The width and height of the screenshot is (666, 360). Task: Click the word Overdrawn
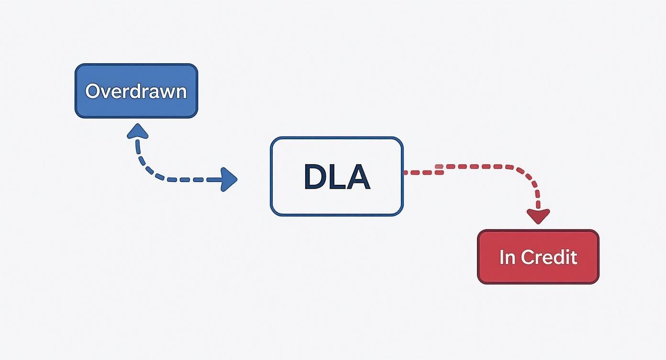pos(136,91)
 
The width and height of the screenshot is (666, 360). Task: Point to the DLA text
pos(337,177)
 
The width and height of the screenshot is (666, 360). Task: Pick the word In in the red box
pos(507,257)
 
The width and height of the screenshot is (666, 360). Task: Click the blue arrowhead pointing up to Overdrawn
pos(137,130)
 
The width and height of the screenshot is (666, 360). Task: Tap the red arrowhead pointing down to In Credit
pos(538,216)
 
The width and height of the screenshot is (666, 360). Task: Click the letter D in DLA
pos(315,177)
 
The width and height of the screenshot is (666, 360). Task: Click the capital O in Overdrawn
pos(92,91)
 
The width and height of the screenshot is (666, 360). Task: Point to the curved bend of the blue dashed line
pos(146,170)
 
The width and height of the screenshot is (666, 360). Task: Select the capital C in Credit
pos(528,257)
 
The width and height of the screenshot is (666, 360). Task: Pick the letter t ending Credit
pos(574,257)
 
